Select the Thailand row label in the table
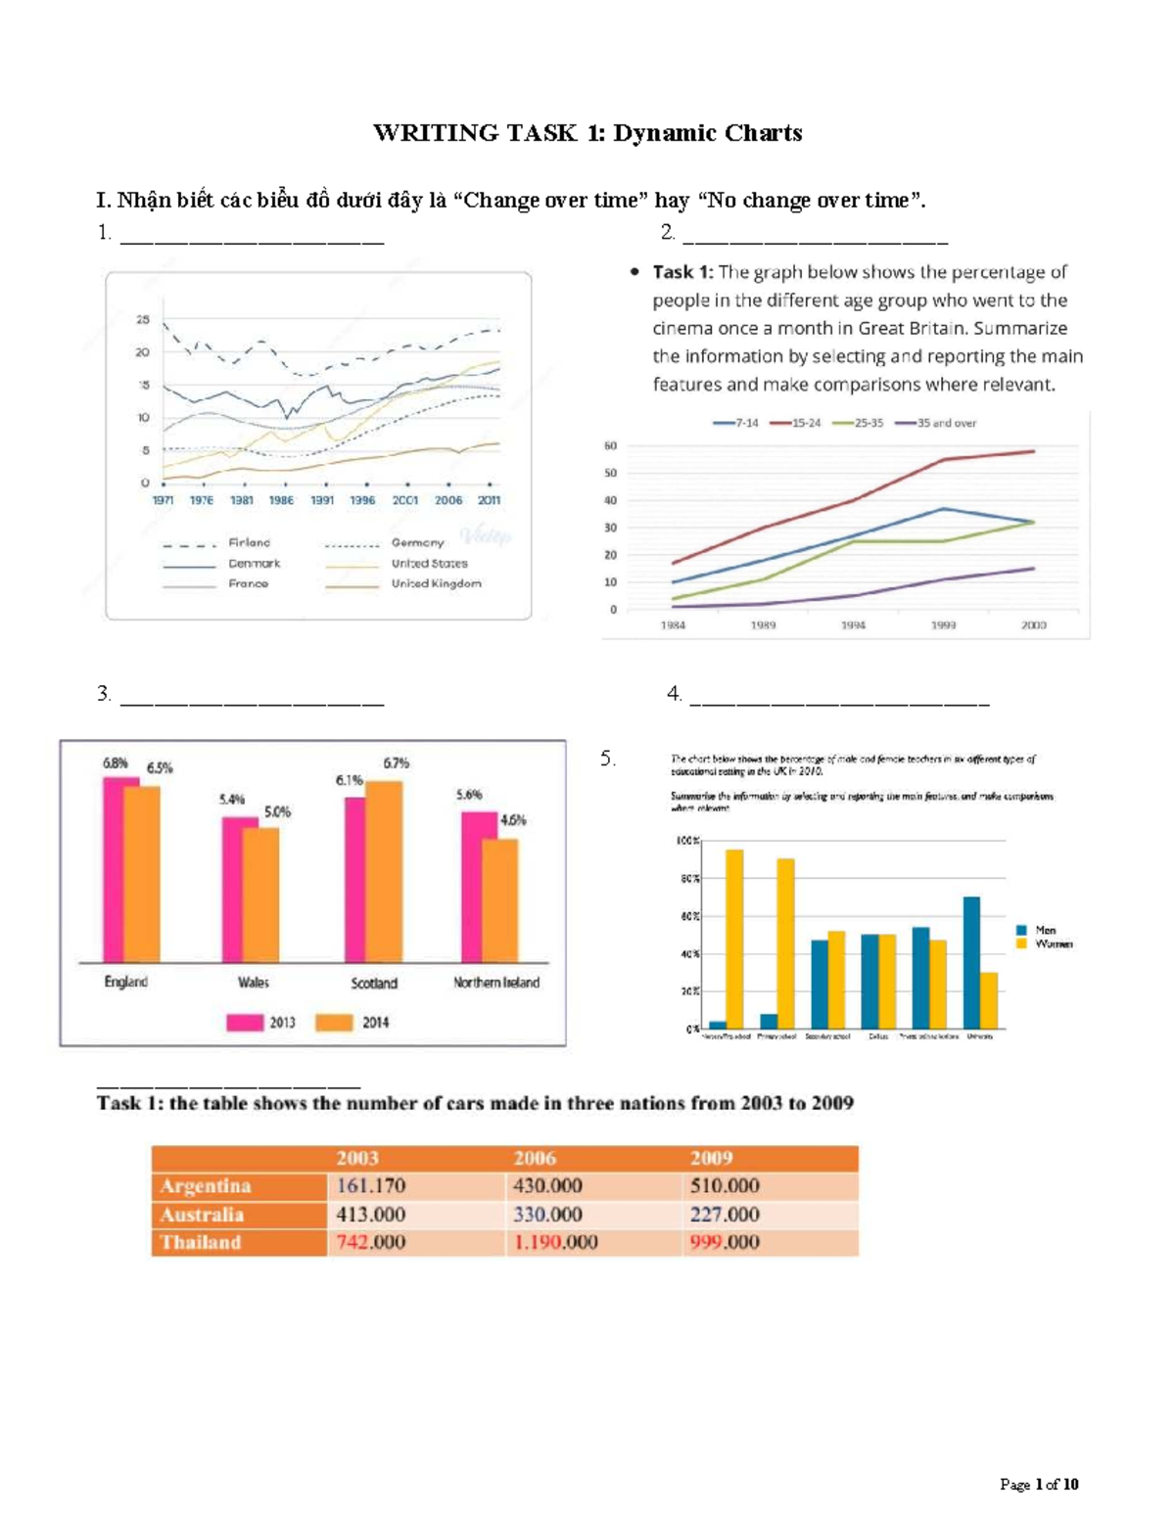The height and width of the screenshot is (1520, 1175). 201,1242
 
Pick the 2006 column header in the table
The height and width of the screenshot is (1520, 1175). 535,1158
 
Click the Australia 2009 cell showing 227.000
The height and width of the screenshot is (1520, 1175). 724,1214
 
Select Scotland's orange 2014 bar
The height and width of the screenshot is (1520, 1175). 384,871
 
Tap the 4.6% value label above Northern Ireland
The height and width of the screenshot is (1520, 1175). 513,820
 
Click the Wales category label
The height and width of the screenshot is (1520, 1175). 253,982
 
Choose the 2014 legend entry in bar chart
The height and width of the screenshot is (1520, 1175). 352,1022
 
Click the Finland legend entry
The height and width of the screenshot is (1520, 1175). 249,542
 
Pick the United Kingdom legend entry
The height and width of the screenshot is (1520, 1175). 436,583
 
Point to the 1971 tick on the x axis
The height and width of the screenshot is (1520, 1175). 163,500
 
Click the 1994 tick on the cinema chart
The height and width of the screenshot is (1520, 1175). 853,624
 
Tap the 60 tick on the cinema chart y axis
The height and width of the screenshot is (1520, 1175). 610,445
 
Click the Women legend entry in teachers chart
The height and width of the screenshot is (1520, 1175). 1054,944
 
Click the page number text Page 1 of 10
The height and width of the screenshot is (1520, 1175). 1039,1484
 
